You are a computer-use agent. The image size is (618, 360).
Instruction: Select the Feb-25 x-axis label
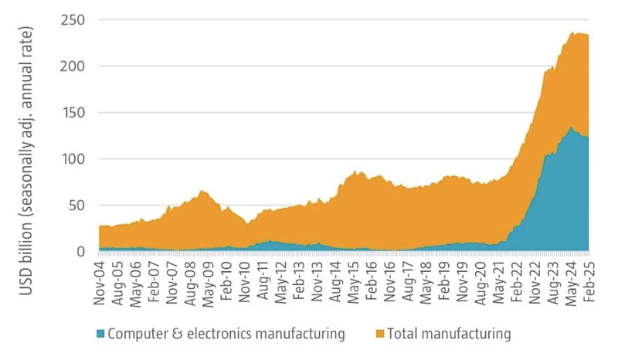(588, 280)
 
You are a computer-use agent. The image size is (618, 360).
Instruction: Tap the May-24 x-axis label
(569, 280)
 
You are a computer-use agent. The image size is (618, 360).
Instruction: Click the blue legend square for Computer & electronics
(100, 335)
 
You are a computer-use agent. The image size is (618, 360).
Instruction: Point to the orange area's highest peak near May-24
(572, 32)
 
